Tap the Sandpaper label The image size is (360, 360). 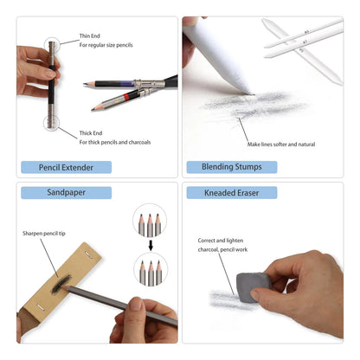point(47,192)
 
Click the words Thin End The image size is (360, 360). point(91,35)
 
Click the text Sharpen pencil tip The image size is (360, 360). point(43,234)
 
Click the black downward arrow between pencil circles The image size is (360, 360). point(151,244)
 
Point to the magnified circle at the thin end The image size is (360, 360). point(50,42)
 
